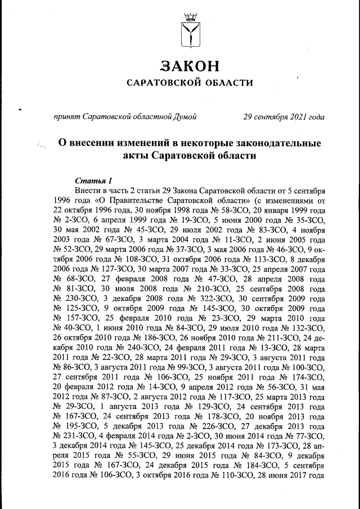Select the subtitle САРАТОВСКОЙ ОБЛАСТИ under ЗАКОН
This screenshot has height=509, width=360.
point(189,83)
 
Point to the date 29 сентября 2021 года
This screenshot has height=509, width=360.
point(283,117)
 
